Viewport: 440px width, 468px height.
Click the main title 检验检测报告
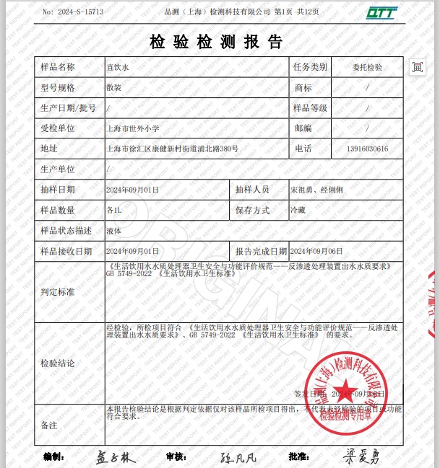[216, 41]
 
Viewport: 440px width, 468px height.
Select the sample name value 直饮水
[116, 67]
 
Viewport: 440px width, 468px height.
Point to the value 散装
[113, 88]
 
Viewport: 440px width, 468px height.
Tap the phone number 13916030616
[367, 149]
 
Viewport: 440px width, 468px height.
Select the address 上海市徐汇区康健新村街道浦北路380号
[173, 149]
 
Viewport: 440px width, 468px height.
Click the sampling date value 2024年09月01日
[132, 190]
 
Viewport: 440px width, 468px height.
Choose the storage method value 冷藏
[298, 211]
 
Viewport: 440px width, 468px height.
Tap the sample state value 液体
[113, 231]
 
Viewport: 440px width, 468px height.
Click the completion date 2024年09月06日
[316, 251]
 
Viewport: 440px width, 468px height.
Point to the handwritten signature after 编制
[116, 457]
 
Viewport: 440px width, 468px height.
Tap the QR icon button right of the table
[417, 67]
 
